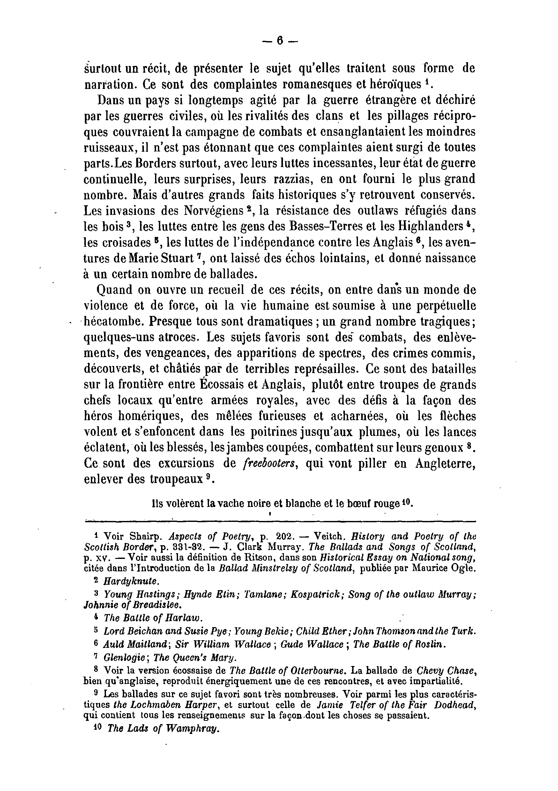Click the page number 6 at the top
click(279, 41)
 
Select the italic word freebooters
click(270, 464)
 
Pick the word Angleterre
click(445, 464)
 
